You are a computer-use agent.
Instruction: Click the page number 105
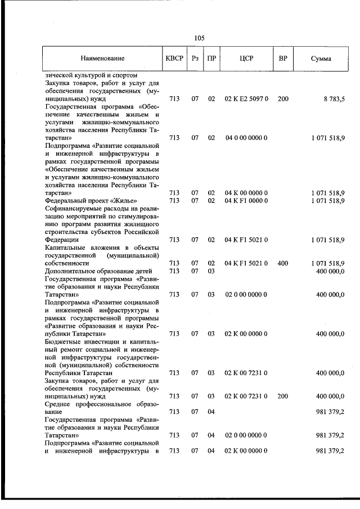[x=199, y=38]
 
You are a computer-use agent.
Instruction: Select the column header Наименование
[x=102, y=58]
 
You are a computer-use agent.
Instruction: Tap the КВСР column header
[x=174, y=58]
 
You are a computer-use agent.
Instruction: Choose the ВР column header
[x=283, y=58]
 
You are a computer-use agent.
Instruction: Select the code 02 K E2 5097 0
[x=246, y=99]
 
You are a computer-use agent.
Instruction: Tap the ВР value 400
[x=283, y=263]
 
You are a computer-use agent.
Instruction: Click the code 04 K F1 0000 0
[x=246, y=200]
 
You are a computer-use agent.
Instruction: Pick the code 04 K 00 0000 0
[x=246, y=192]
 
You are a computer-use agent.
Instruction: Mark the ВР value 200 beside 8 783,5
[x=283, y=99]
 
